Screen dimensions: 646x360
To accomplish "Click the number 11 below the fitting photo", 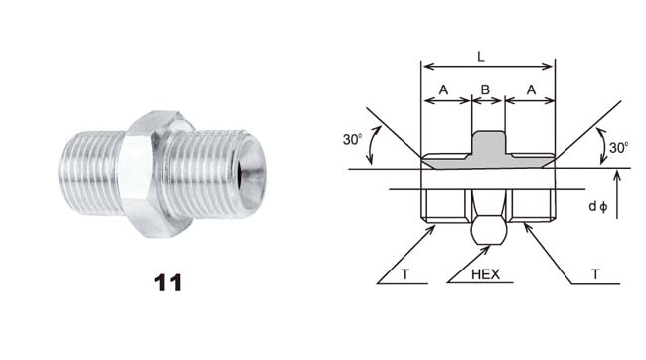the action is click(x=168, y=283).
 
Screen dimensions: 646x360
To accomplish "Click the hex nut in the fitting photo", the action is click(x=157, y=174).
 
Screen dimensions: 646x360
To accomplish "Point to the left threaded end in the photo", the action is click(x=91, y=173).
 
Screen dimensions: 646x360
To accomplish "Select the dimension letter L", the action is click(x=481, y=56).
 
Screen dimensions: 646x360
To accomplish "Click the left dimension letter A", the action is click(x=443, y=90).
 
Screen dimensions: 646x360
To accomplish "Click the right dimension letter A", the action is click(x=531, y=90).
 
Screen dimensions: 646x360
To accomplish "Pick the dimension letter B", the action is click(x=485, y=90).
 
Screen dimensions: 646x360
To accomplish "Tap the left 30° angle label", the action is click(x=352, y=139).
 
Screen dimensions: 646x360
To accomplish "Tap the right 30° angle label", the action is click(x=619, y=147).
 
